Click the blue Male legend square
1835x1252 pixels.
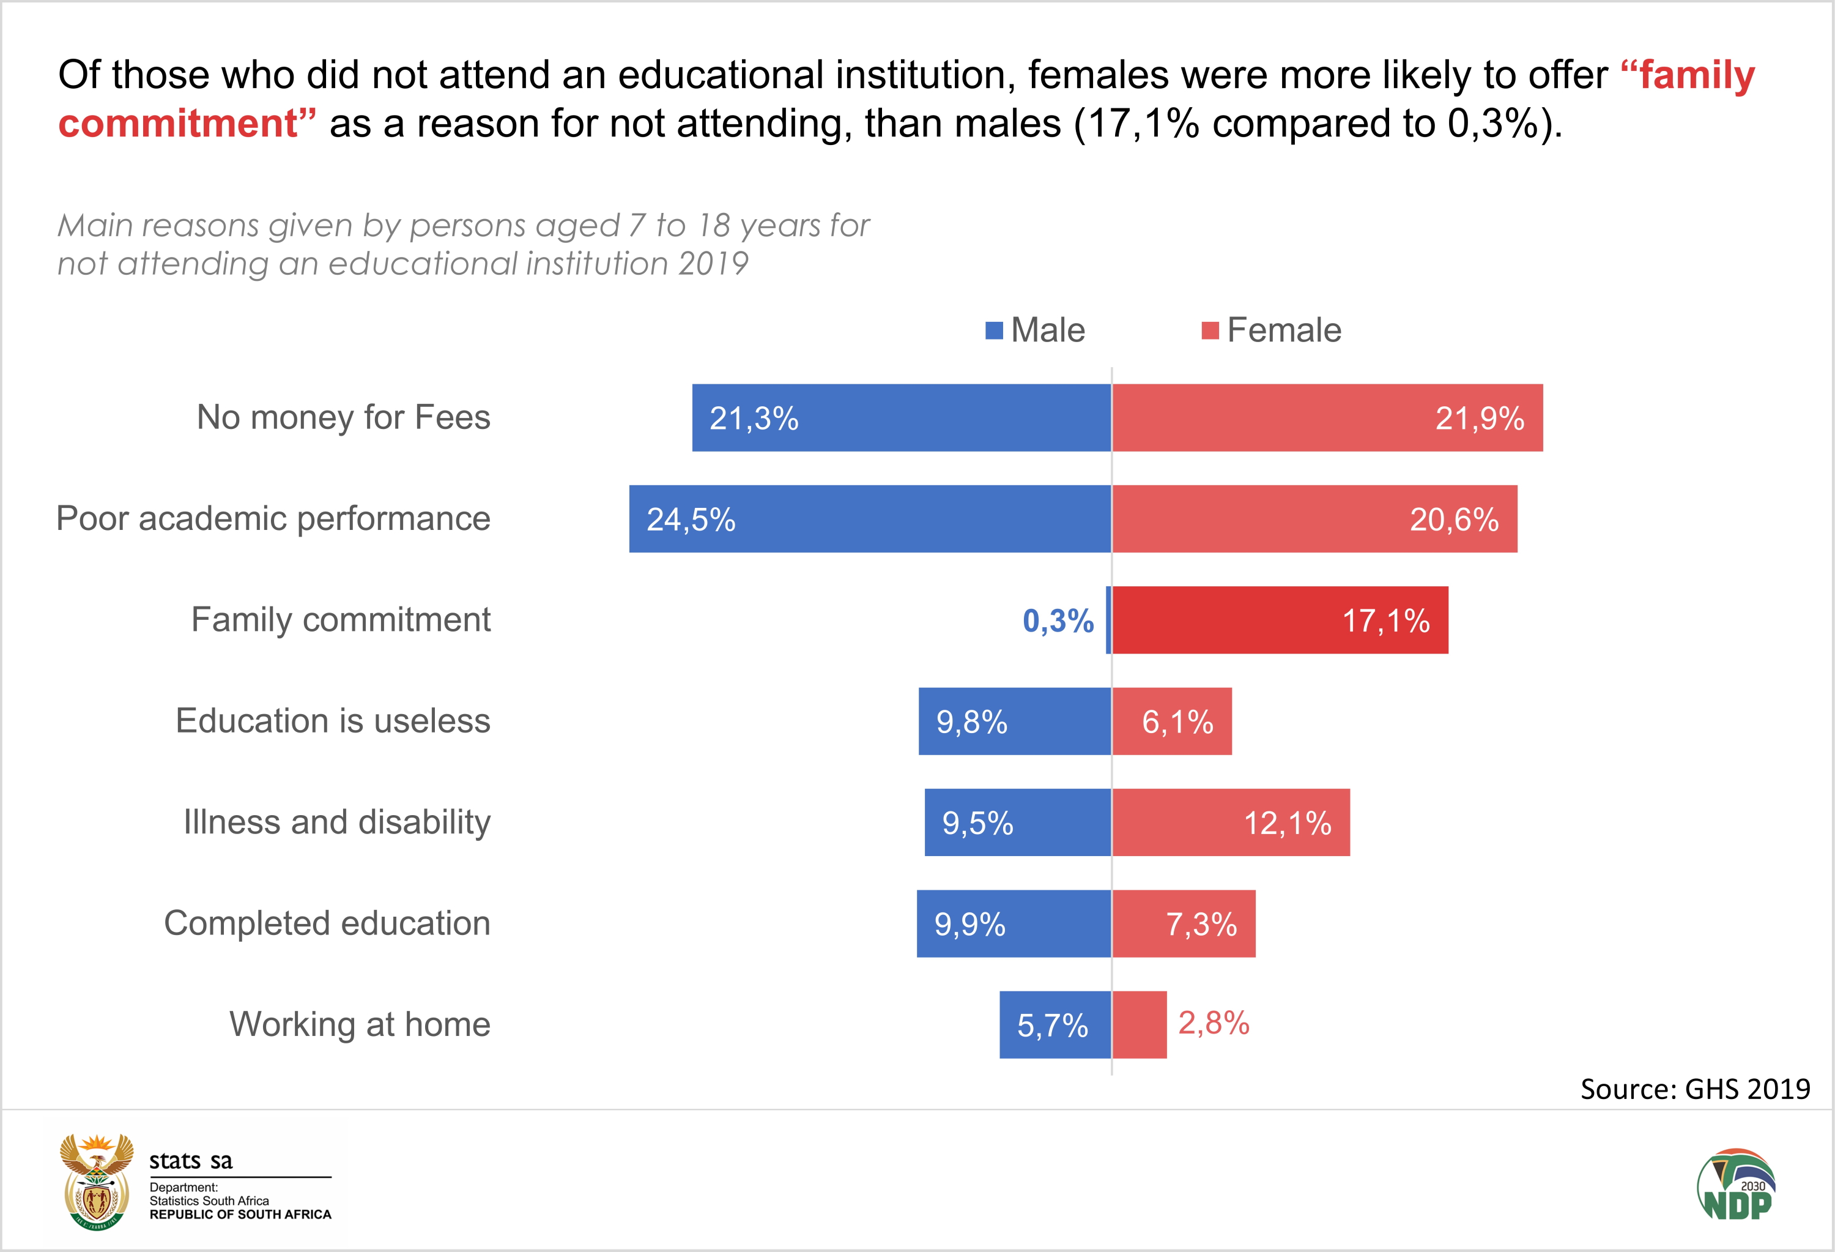[994, 330]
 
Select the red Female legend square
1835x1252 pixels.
[1210, 330]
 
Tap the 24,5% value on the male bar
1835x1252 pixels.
[691, 520]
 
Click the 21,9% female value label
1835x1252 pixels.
[1479, 419]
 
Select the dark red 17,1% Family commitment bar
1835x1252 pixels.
[1279, 620]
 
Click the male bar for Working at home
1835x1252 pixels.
[1055, 1024]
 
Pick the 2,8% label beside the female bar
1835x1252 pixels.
[1214, 1024]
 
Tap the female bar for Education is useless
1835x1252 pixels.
[1172, 721]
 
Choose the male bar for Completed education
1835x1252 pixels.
[1014, 923]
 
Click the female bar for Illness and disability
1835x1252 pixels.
[1230, 822]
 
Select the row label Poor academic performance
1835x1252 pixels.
[273, 519]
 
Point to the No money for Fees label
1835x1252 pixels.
[344, 418]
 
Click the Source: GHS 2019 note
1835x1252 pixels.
[1694, 1089]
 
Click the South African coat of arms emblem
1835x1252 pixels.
[96, 1182]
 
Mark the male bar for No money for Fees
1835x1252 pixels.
[901, 418]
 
